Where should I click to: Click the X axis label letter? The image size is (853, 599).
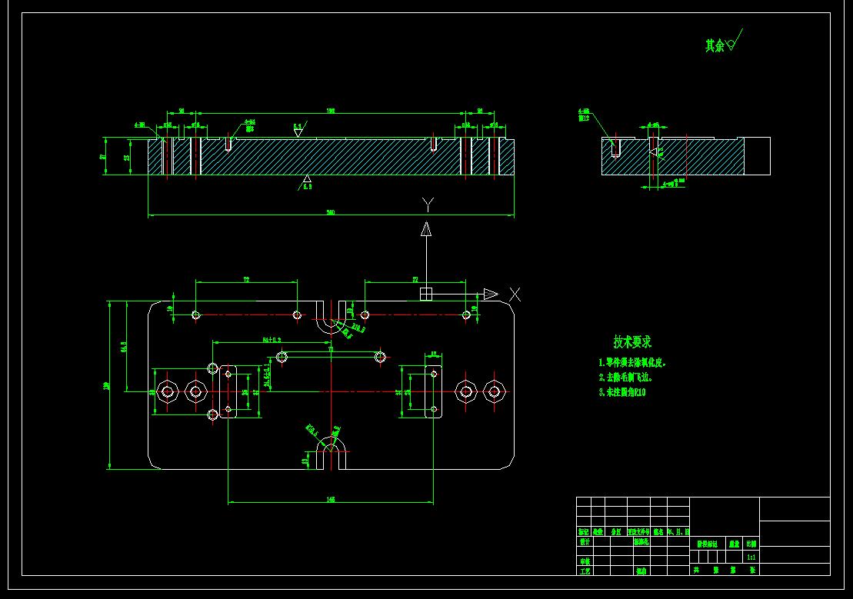click(515, 294)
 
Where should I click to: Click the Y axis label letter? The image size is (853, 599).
click(428, 205)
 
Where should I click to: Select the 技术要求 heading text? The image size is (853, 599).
click(632, 341)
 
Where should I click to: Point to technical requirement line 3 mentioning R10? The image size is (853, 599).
click(622, 392)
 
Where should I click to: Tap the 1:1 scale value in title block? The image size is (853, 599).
click(751, 557)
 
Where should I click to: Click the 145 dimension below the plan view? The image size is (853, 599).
click(331, 499)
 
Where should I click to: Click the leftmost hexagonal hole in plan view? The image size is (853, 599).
click(167, 392)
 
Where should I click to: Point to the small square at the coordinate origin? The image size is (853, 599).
click(426, 294)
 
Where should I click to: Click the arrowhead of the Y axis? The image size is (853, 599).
click(426, 228)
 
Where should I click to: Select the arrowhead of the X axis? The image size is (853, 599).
click(491, 294)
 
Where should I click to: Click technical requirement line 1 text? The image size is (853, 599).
click(632, 362)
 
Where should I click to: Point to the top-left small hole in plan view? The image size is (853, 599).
click(196, 314)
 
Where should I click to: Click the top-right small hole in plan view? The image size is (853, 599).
click(465, 314)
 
